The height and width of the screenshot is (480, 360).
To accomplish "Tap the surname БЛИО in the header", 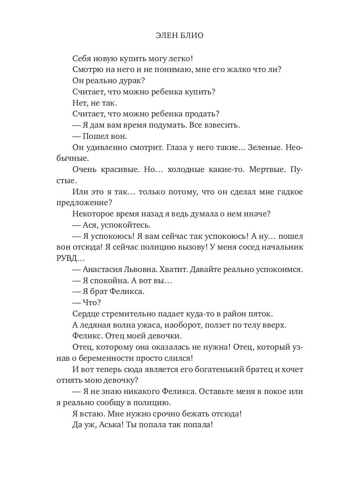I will pos(192,36).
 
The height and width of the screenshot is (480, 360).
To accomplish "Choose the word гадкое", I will pos(288,192).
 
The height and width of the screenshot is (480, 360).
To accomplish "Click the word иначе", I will pos(257,214).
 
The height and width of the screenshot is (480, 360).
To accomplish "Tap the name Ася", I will pos(93,224).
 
